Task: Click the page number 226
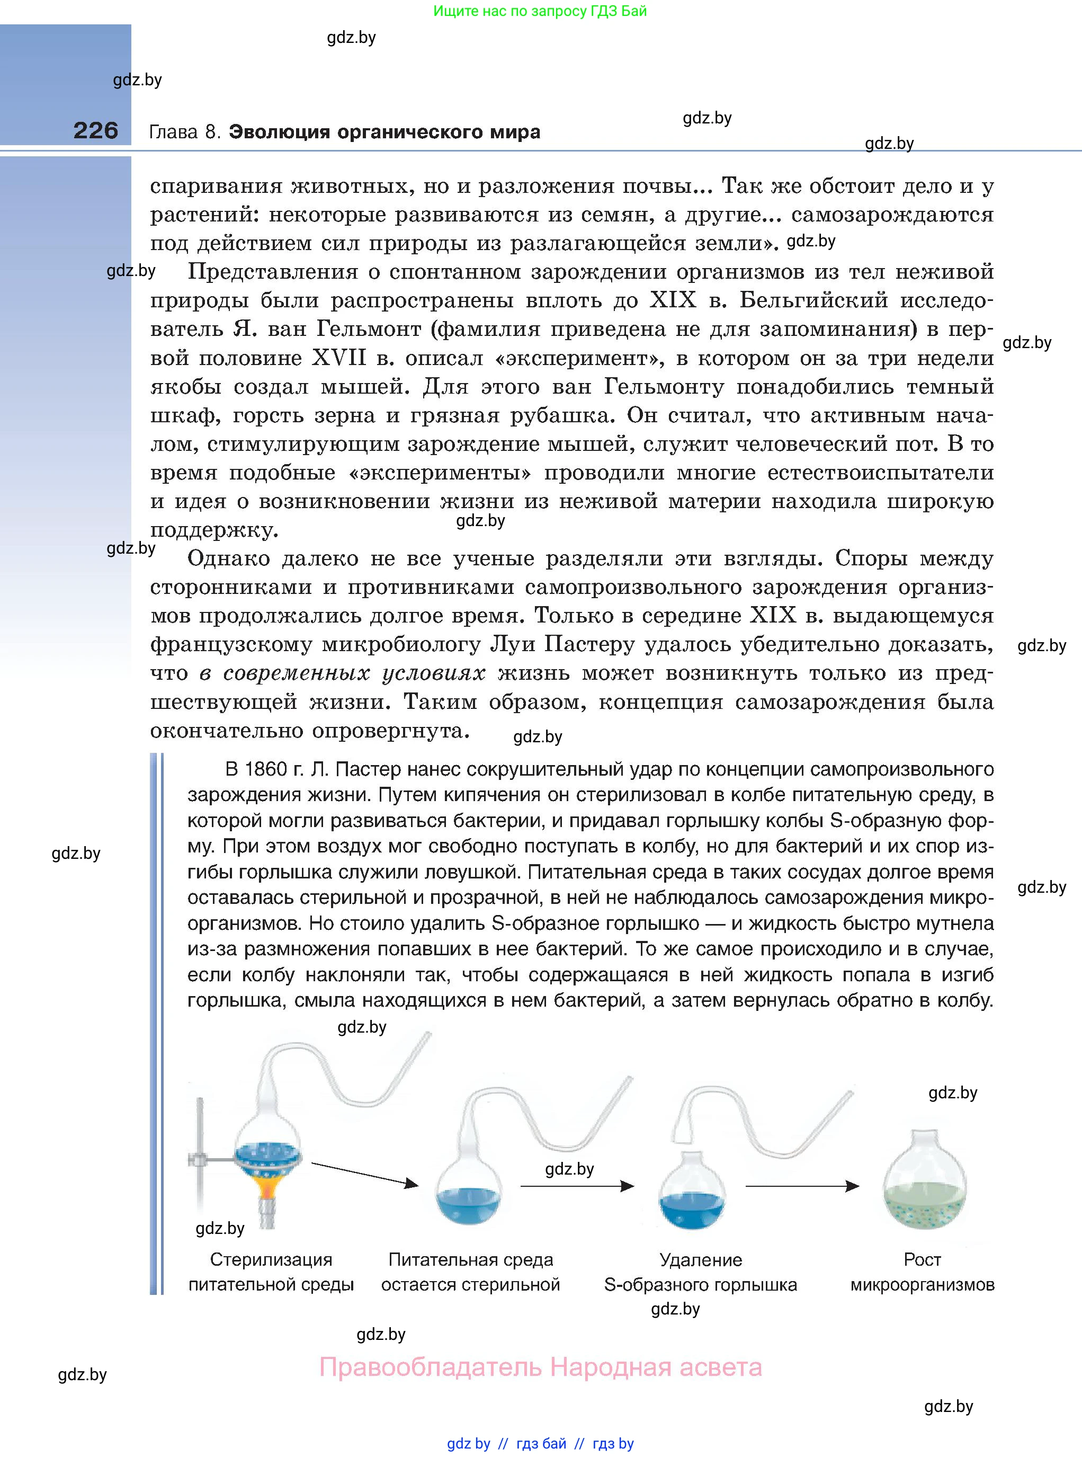point(96,130)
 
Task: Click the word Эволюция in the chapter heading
point(280,132)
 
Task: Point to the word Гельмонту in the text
point(664,387)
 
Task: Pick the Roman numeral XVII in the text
point(339,358)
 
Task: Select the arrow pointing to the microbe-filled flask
point(802,1186)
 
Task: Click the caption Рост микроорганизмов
point(922,1272)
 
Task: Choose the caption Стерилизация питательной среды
point(271,1272)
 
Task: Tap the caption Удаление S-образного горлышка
point(700,1272)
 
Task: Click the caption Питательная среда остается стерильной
point(470,1272)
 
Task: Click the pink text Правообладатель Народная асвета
point(540,1367)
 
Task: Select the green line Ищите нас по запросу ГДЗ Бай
point(540,11)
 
